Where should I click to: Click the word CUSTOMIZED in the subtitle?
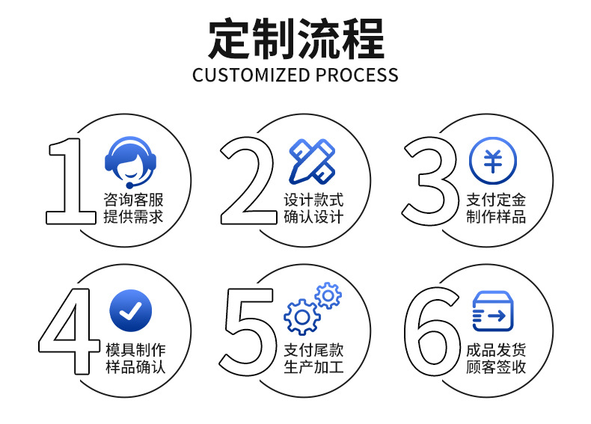tap(251, 76)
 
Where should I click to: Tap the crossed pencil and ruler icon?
tap(312, 161)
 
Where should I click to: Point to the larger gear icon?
tap(302, 316)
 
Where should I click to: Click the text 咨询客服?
tap(133, 200)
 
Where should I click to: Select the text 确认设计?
tap(313, 218)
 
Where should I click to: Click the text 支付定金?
tap(496, 200)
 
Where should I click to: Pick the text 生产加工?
tap(313, 367)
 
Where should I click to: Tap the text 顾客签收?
tap(496, 367)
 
